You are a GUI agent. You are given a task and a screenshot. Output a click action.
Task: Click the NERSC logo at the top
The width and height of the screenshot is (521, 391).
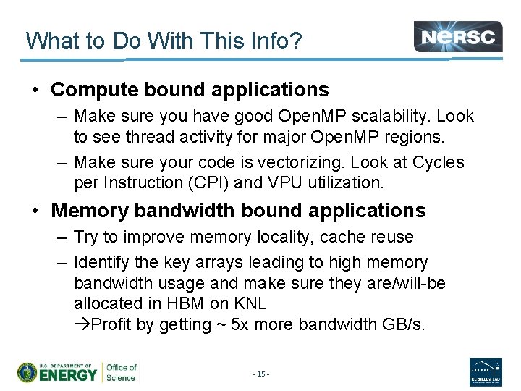[458, 36]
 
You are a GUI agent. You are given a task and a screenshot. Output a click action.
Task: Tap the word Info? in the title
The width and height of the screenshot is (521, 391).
[271, 41]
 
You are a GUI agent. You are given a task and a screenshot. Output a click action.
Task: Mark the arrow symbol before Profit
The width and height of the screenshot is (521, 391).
[80, 325]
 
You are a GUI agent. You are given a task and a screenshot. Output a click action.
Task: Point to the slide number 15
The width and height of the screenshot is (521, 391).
[260, 374]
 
